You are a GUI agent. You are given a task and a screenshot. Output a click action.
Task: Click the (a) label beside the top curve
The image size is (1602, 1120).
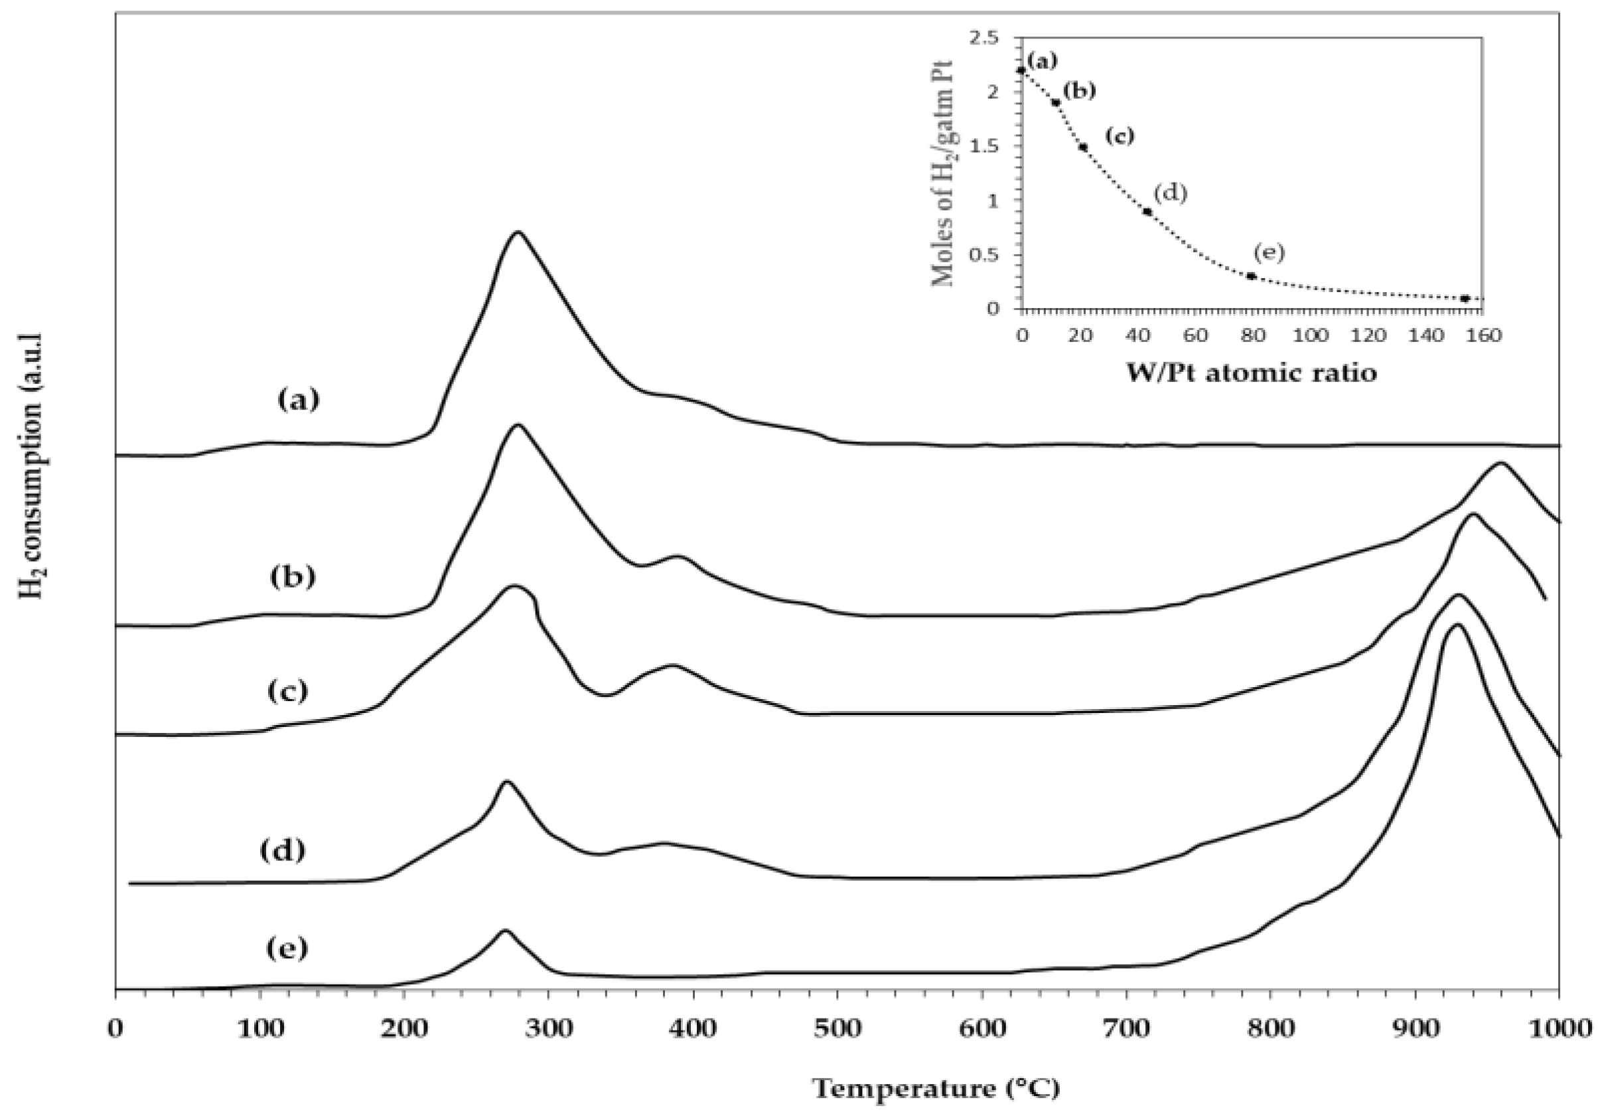point(298,400)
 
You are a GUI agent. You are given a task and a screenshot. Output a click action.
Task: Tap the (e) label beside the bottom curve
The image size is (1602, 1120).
point(287,948)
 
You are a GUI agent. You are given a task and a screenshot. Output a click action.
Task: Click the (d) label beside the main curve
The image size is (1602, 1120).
point(283,850)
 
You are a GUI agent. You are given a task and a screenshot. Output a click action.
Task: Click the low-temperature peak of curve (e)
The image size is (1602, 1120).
point(504,930)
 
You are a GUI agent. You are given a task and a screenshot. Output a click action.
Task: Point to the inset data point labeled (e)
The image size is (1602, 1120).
point(1252,276)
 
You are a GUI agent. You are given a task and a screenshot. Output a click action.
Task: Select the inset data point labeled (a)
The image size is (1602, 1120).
point(1021,70)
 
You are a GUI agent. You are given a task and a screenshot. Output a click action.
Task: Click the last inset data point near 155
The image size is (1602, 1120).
point(1465,298)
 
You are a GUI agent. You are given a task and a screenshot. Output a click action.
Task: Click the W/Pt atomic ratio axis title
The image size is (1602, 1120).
point(1252,372)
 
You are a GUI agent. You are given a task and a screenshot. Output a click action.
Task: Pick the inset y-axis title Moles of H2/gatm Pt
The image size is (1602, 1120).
point(943,175)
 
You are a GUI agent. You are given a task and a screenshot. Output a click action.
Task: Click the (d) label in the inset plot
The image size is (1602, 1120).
point(1169,193)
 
